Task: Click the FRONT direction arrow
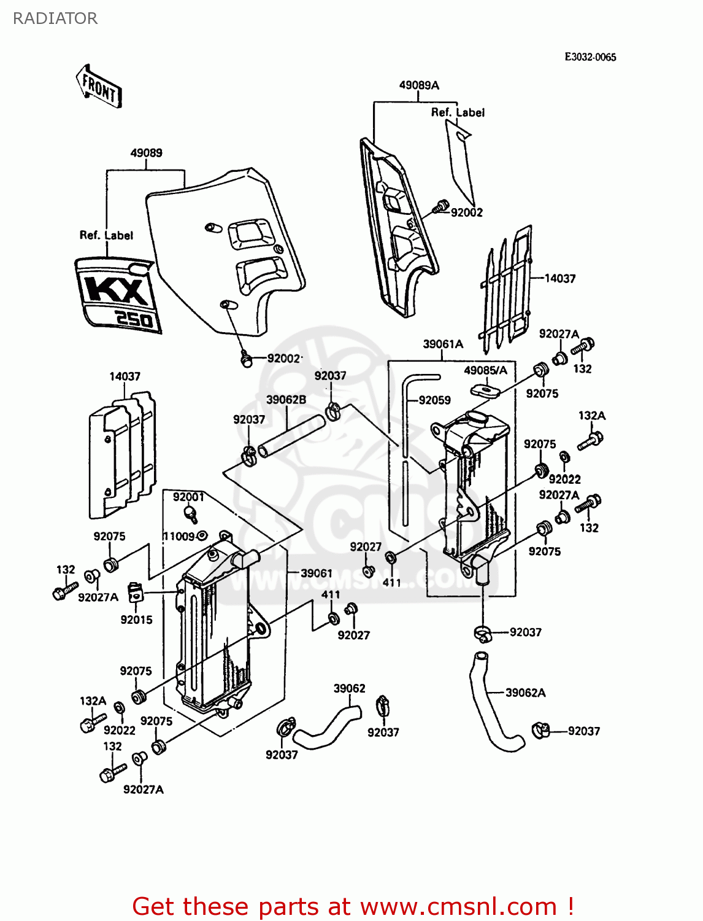pyautogui.click(x=99, y=87)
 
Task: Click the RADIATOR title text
pyautogui.click(x=55, y=18)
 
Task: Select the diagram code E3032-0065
pyautogui.click(x=590, y=57)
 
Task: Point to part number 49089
pyautogui.click(x=146, y=153)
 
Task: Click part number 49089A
pyautogui.click(x=419, y=85)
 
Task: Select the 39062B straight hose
pyautogui.click(x=291, y=435)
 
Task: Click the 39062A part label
pyautogui.click(x=525, y=693)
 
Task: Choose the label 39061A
pyautogui.click(x=443, y=344)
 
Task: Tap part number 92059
pyautogui.click(x=434, y=400)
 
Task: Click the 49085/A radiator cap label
pyautogui.click(x=485, y=370)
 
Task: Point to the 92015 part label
pyautogui.click(x=136, y=620)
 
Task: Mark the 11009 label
pyautogui.click(x=179, y=536)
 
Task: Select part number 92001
pyautogui.click(x=188, y=497)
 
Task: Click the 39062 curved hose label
pyautogui.click(x=349, y=688)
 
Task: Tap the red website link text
pyautogui.click(x=353, y=906)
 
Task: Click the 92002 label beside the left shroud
pyautogui.click(x=283, y=359)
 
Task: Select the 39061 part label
pyautogui.click(x=316, y=573)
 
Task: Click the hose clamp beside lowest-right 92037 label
pyautogui.click(x=540, y=730)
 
